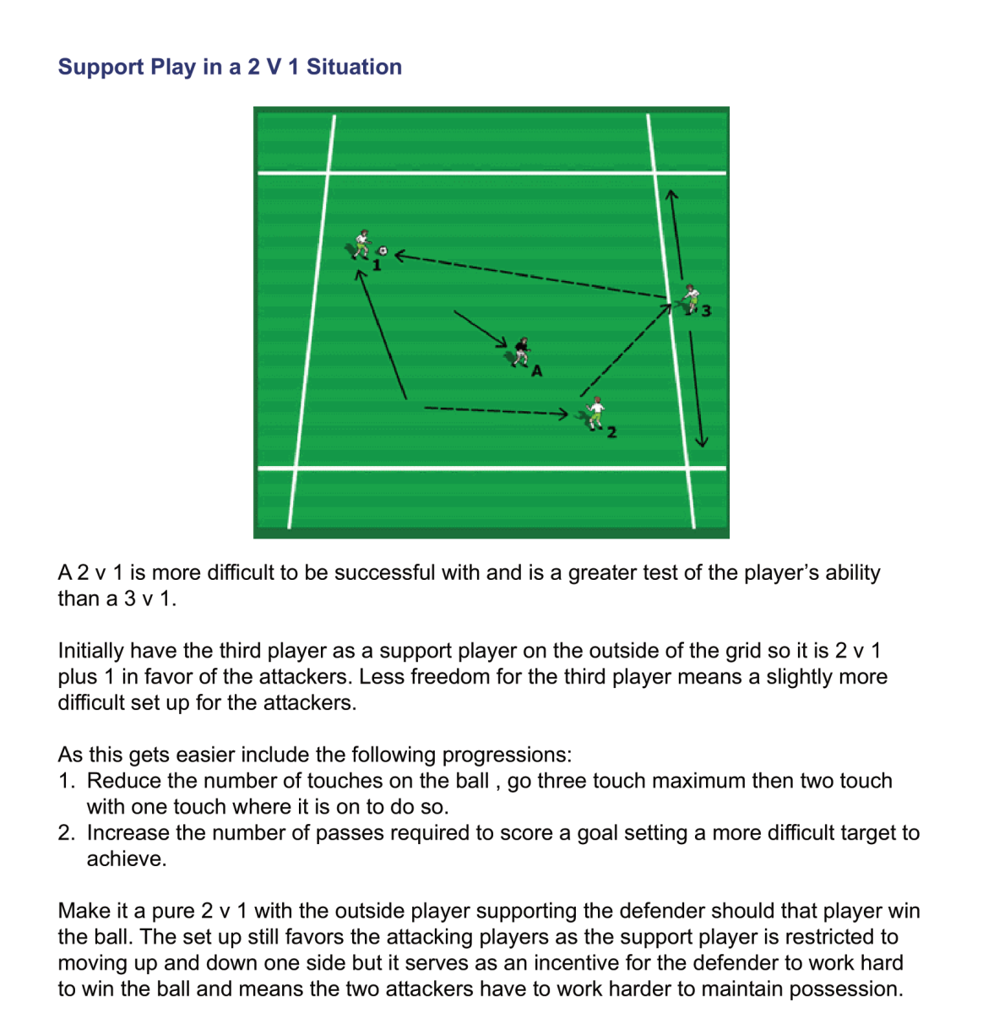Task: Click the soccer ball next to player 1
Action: (383, 251)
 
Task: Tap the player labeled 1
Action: (361, 244)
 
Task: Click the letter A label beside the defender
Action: (537, 371)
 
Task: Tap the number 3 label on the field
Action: (705, 311)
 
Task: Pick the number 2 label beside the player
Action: (611, 432)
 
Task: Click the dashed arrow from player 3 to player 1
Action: (530, 276)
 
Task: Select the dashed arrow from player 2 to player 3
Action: (626, 350)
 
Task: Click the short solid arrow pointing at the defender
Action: (480, 329)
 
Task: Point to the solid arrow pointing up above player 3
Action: (676, 234)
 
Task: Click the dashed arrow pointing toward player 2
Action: (497, 411)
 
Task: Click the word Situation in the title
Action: (354, 67)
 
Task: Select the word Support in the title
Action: (100, 68)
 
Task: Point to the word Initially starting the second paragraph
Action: (90, 651)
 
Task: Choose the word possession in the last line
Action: (846, 989)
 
